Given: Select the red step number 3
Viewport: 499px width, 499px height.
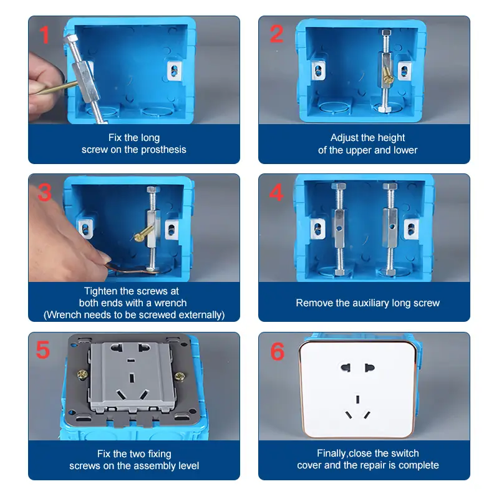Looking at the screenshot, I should point(44,192).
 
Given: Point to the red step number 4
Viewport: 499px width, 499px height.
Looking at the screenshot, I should point(276,192).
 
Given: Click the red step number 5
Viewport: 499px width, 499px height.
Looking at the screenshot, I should point(43,350).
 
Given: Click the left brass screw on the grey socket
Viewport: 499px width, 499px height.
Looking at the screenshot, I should point(81,376).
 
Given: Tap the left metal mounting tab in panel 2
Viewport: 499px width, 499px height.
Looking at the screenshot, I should point(318,70).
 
